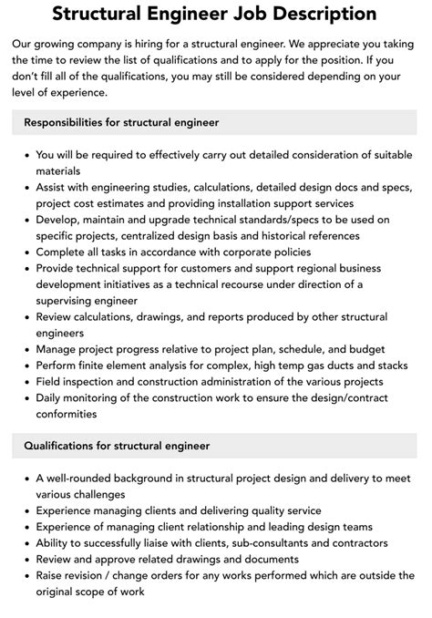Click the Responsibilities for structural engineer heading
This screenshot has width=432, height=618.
pyautogui.click(x=121, y=121)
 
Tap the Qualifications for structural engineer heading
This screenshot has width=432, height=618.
pyautogui.click(x=117, y=446)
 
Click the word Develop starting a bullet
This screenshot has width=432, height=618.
pyautogui.click(x=59, y=220)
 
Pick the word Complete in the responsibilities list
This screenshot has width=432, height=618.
pyautogui.click(x=63, y=252)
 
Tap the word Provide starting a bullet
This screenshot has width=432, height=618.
pyautogui.click(x=58, y=268)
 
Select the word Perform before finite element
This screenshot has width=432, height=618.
pyautogui.click(x=60, y=366)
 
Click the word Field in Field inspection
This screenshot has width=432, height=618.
pyautogui.click(x=50, y=382)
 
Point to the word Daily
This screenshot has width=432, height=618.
pyautogui.click(x=51, y=398)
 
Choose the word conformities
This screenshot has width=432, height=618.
pyautogui.click(x=67, y=414)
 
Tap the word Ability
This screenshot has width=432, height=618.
pyautogui.click(x=55, y=543)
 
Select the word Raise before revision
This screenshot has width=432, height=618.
pyautogui.click(x=52, y=576)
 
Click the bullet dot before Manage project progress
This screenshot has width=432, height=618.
pyautogui.click(x=25, y=349)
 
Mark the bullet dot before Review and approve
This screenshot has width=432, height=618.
pyautogui.click(x=25, y=560)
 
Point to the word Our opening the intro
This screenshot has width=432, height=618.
pyautogui.click(x=24, y=43)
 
